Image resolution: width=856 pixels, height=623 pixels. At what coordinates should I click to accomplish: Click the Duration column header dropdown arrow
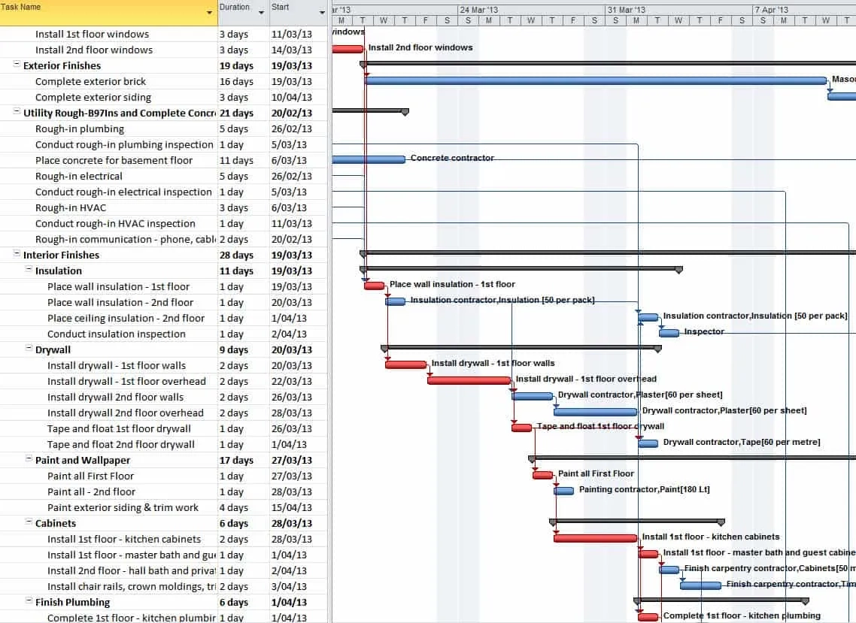pos(261,13)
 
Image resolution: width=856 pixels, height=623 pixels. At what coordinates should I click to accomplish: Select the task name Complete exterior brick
pos(90,81)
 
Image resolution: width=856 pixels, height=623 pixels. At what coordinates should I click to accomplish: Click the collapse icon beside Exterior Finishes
pos(17,65)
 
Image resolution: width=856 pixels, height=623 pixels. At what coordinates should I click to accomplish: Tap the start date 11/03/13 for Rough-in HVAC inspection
pos(291,223)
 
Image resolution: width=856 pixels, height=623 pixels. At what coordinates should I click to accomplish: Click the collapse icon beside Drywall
pos(29,349)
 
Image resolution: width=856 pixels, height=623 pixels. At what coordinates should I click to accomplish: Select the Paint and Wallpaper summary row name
pos(83,460)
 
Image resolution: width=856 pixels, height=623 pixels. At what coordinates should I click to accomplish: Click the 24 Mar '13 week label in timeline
pos(478,10)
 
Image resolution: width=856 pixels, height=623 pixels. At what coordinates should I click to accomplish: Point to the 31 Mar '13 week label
pos(626,10)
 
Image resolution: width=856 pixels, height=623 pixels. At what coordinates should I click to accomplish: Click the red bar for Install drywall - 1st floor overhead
pos(469,380)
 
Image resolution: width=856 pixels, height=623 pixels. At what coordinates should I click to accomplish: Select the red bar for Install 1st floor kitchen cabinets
pos(595,538)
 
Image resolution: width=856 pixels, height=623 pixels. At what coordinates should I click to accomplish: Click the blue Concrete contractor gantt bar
pos(368,159)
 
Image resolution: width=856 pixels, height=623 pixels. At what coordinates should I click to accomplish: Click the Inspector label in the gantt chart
pos(704,331)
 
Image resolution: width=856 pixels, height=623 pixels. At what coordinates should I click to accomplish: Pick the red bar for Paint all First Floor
pos(542,475)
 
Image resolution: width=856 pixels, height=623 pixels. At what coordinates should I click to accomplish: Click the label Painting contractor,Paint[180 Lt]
pos(644,490)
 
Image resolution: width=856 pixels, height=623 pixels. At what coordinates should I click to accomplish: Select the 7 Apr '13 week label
pos(771,10)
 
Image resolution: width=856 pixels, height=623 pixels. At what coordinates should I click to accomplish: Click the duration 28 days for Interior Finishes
pos(236,255)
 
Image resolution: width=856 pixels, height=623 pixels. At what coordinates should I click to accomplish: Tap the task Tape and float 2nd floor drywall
pos(120,444)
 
